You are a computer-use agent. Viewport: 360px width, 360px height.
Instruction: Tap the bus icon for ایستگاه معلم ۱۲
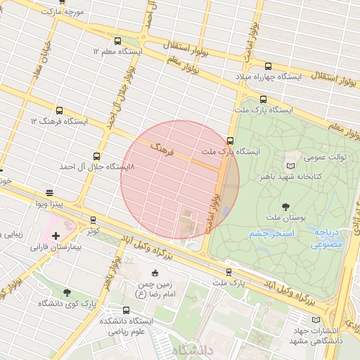pos(117,41)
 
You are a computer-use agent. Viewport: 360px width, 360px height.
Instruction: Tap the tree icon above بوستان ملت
pos(285,207)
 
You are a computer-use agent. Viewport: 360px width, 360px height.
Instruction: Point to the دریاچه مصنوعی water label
pos(327,238)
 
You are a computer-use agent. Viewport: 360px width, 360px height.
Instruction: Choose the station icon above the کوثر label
pos(93,220)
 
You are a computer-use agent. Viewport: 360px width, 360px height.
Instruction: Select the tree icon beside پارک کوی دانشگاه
pos(67,292)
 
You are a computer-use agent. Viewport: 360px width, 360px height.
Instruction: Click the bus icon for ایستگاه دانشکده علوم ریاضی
pos(126,310)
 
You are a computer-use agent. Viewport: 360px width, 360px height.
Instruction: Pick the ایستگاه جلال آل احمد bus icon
pos(96,156)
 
